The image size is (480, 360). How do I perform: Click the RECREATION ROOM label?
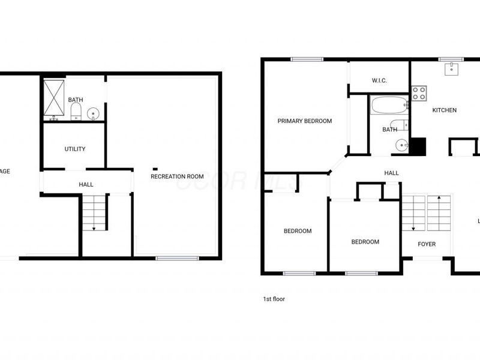click(x=177, y=176)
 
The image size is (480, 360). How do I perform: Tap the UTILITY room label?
click(x=75, y=149)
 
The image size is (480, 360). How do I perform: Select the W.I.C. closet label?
click(x=379, y=80)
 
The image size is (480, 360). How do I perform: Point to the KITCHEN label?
click(x=445, y=110)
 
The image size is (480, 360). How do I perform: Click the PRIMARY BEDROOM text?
click(x=304, y=121)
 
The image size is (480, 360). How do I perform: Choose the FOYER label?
click(x=427, y=244)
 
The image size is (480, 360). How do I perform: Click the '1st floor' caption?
click(x=273, y=298)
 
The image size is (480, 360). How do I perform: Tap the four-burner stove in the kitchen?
click(x=419, y=93)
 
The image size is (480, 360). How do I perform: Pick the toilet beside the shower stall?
click(x=76, y=112)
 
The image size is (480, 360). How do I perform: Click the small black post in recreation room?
click(x=155, y=168)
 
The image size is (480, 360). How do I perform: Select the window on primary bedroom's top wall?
click(x=307, y=59)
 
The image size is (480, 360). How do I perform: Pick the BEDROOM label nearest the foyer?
click(x=365, y=242)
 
